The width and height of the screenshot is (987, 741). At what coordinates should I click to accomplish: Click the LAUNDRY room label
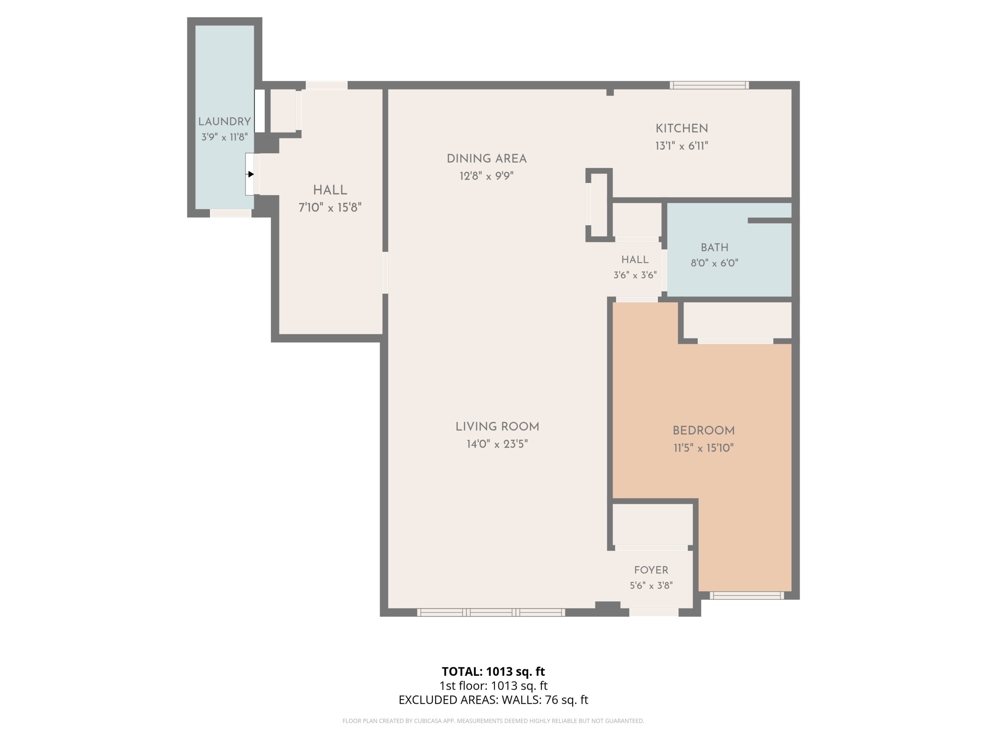tap(224, 122)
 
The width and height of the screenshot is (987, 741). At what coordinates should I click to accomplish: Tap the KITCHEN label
tap(682, 129)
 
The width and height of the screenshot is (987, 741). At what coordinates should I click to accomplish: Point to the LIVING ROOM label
tap(497, 426)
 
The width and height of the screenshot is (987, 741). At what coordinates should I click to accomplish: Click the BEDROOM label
tap(704, 431)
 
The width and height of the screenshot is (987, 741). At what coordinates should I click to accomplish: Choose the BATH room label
tap(714, 247)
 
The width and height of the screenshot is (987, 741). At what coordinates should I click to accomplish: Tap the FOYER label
tap(651, 570)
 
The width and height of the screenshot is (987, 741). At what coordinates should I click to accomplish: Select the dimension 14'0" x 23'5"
tap(497, 444)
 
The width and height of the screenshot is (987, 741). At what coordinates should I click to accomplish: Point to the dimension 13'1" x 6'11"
tap(682, 146)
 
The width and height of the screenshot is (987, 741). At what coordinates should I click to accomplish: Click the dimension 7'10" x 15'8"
tap(330, 207)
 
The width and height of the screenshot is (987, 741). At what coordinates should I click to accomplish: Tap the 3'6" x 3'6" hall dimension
tap(635, 275)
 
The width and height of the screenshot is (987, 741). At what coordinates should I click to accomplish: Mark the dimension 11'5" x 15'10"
tap(704, 448)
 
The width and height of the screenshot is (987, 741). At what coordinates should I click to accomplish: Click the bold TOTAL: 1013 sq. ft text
tap(493, 671)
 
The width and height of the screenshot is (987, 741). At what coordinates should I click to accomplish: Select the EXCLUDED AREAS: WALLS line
tap(493, 700)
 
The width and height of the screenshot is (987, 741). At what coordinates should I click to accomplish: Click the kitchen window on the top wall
tap(709, 85)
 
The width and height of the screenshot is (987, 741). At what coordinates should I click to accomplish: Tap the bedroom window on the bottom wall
tap(747, 596)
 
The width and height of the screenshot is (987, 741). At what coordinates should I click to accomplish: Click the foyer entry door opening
tap(654, 612)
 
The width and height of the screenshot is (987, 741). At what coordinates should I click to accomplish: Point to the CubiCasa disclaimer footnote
tap(493, 721)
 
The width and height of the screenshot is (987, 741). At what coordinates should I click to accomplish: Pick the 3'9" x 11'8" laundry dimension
tap(224, 137)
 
